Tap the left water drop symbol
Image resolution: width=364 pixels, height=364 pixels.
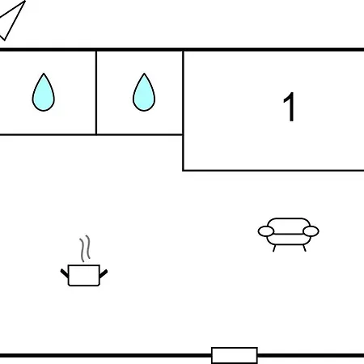click(x=44, y=93)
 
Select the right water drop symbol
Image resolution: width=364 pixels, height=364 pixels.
click(x=144, y=93)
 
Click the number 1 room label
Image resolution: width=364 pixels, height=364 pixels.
click(x=289, y=107)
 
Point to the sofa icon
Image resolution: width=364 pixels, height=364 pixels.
click(x=289, y=234)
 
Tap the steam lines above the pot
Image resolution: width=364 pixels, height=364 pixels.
click(x=85, y=248)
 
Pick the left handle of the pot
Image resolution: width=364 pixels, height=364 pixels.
click(x=65, y=273)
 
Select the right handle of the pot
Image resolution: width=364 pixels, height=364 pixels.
click(x=104, y=273)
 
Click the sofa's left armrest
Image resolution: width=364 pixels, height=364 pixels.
click(x=266, y=231)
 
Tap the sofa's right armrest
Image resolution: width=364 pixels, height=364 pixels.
click(x=311, y=231)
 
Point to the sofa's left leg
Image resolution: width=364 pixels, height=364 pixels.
click(x=274, y=248)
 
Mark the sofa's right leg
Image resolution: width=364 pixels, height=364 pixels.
click(x=304, y=248)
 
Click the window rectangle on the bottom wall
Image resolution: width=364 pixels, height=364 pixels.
click(x=235, y=355)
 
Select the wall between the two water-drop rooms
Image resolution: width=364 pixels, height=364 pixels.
click(x=96, y=92)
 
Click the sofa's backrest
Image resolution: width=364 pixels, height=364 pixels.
click(x=289, y=226)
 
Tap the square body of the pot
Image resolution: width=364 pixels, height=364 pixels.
click(x=84, y=275)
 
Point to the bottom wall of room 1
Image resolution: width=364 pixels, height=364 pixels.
click(x=273, y=171)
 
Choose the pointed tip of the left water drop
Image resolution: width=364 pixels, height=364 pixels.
click(x=44, y=73)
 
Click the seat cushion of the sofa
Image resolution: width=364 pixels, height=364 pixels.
click(x=289, y=239)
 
